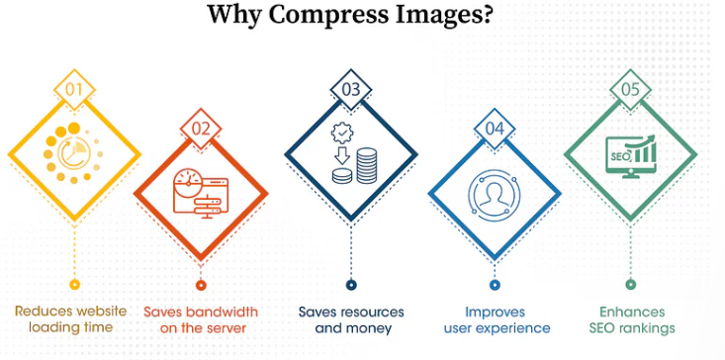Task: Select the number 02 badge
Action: (x=201, y=127)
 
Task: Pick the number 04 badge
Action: (x=495, y=128)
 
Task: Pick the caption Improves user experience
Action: (x=497, y=318)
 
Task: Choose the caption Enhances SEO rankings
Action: (x=632, y=318)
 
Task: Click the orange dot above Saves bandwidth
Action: (x=201, y=285)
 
